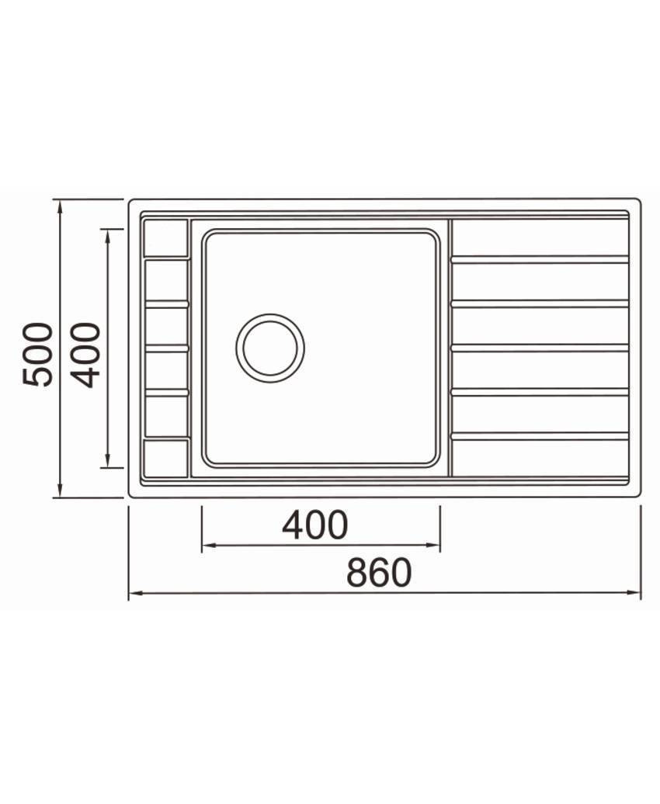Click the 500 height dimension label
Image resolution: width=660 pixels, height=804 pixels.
pos(37,355)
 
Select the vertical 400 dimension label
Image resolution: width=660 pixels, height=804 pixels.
pos(85,355)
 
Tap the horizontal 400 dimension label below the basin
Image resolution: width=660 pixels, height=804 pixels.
pos(315,525)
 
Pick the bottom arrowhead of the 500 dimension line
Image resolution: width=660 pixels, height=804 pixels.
pos(61,490)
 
